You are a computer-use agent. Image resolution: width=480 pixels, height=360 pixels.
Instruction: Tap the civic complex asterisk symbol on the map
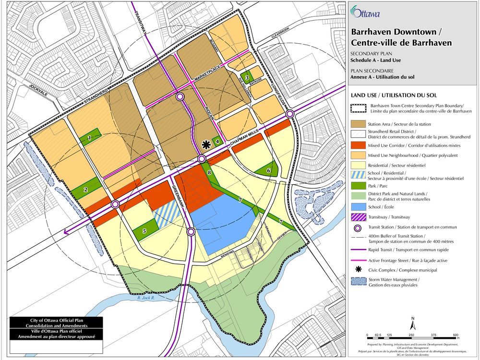coord(206,144)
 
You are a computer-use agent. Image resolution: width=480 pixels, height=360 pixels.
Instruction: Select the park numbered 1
coord(89,138)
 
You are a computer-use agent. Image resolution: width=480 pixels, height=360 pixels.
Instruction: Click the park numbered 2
coord(86,189)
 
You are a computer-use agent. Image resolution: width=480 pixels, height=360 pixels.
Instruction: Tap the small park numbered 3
coord(247,77)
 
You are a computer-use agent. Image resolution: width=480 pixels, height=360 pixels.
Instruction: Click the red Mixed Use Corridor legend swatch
coord(358,144)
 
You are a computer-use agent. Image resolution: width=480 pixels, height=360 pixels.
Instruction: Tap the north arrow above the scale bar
coord(413,324)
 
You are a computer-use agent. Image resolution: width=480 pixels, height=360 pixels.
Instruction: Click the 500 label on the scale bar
coord(456,335)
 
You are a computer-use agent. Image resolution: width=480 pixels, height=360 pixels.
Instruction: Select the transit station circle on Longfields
coord(290,114)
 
